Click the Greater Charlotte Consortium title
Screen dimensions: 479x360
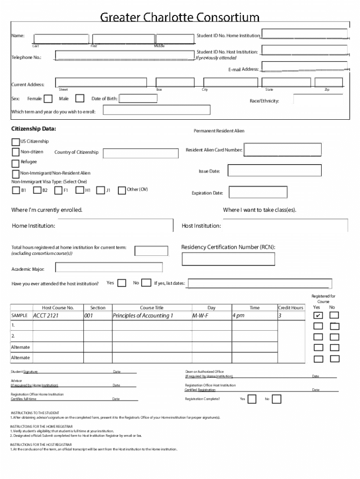coord(180,17)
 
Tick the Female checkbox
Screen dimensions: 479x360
coord(48,99)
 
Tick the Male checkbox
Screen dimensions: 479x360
coord(79,99)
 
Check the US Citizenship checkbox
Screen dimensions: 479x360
coord(15,142)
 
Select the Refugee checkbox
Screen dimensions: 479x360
coord(15,163)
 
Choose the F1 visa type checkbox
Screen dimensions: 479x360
coord(58,190)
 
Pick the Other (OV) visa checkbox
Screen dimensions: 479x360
coord(122,190)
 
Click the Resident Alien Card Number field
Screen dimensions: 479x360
coord(282,149)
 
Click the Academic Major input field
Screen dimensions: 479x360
coord(108,268)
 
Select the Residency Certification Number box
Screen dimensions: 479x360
coord(228,259)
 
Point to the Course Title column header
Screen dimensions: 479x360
coord(151,308)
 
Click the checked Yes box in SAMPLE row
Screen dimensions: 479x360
coord(318,316)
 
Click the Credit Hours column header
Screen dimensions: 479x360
coord(290,308)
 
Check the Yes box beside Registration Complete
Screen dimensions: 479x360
coord(252,399)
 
